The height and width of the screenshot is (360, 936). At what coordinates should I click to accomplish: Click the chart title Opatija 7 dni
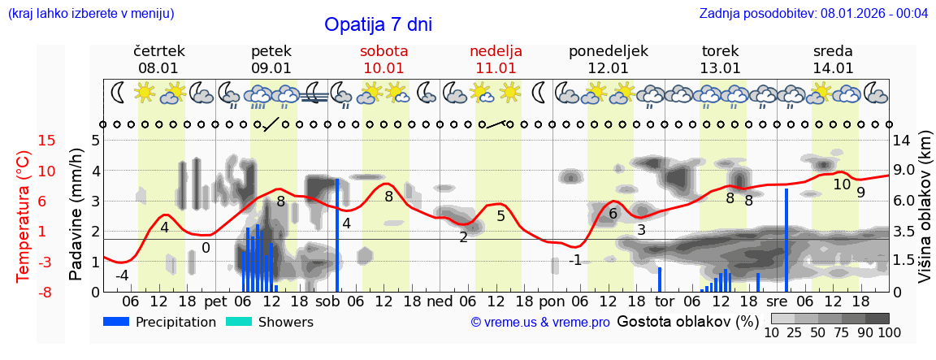[378, 24]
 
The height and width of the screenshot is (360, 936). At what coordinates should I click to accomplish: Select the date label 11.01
[496, 68]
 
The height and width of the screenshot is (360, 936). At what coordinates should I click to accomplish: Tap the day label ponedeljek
[608, 51]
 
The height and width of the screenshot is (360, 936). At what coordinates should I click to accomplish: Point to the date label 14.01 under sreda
[833, 68]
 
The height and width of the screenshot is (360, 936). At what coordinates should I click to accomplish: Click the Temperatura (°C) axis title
[24, 216]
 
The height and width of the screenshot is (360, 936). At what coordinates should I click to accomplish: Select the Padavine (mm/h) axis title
[76, 215]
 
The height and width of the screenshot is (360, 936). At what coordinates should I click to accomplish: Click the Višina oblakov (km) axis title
[925, 216]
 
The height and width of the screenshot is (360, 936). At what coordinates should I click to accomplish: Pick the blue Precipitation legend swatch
[116, 322]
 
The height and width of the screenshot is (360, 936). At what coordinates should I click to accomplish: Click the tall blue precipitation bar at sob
[336, 235]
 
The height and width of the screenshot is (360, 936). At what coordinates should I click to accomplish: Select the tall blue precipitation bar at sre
[786, 240]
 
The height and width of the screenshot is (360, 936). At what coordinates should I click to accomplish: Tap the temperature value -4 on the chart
[122, 275]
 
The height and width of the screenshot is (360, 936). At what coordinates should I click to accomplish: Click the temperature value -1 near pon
[575, 260]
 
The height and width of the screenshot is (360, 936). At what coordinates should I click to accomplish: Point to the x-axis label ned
[440, 301]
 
